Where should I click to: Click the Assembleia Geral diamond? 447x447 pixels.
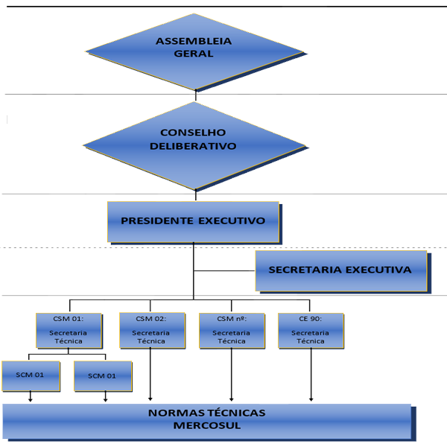coord(194,51)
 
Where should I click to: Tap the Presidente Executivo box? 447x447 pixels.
coord(193,221)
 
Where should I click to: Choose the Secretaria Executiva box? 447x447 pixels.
coord(340,270)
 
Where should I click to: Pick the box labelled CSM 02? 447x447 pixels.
coord(151,330)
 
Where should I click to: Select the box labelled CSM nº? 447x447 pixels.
coord(232,330)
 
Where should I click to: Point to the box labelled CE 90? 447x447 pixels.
coord(311,330)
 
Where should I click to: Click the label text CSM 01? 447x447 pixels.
coord(68,319)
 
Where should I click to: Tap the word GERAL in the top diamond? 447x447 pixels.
coord(194,54)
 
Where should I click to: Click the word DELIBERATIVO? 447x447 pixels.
coord(193,146)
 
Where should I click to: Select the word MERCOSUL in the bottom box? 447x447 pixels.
coord(206,426)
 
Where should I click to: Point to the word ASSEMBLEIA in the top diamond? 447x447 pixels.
coord(194,41)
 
